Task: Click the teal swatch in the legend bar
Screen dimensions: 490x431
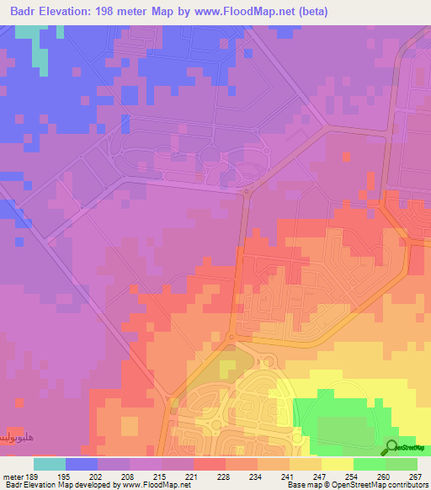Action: [50, 464]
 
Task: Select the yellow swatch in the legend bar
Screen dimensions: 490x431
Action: [338, 464]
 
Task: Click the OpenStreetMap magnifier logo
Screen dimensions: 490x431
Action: [391, 447]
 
